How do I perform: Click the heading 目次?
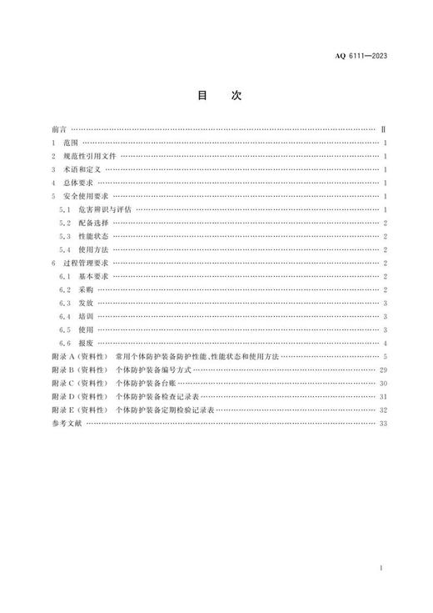click(218, 96)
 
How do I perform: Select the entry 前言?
click(58, 130)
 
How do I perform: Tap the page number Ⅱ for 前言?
click(382, 130)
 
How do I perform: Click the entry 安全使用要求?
click(84, 196)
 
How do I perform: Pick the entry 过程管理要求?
click(84, 263)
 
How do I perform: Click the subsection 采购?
click(86, 289)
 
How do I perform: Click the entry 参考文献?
click(66, 423)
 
